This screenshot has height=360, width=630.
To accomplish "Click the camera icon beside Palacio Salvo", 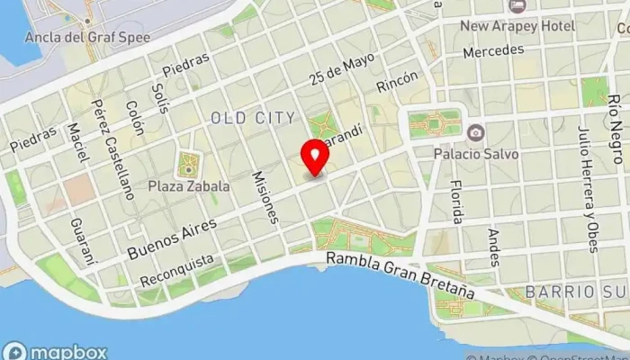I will [x=474, y=132].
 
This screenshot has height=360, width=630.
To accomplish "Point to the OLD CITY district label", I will [x=253, y=118].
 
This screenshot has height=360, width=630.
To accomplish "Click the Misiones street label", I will [x=267, y=198].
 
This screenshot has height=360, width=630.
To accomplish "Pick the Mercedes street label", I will [x=493, y=51].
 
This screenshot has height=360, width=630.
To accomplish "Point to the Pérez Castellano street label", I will [x=107, y=142].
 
